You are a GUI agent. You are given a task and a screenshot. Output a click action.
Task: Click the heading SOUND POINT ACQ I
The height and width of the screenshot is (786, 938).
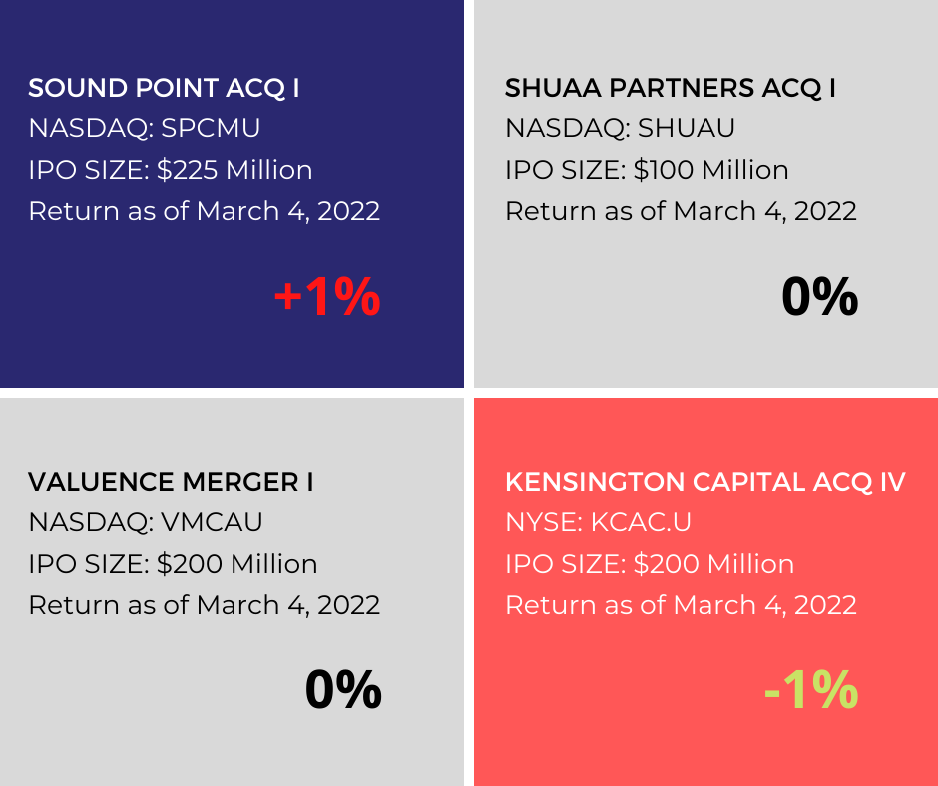(x=164, y=88)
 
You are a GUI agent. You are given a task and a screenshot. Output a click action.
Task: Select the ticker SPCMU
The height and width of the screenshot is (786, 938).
(x=212, y=128)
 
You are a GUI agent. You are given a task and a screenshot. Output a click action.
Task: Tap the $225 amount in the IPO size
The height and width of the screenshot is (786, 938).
(x=188, y=170)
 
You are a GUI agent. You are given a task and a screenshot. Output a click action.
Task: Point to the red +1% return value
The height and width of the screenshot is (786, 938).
(x=327, y=296)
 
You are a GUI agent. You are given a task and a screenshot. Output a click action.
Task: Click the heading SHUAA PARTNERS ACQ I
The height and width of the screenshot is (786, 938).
(x=670, y=88)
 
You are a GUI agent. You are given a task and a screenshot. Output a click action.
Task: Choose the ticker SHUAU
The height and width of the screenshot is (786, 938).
(x=687, y=128)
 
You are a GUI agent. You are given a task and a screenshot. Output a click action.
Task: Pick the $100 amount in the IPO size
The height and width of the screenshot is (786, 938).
(x=664, y=170)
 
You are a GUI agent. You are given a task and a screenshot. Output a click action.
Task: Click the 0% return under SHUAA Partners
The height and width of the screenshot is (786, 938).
(x=819, y=296)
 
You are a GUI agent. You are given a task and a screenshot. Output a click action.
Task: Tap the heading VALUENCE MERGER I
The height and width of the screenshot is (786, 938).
(x=171, y=482)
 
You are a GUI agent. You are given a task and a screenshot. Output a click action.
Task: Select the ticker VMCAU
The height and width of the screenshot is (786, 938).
(x=212, y=522)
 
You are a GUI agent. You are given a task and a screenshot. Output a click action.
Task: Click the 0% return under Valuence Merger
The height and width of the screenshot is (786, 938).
(x=343, y=689)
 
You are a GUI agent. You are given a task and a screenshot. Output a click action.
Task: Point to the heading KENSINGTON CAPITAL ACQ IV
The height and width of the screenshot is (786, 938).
(x=705, y=482)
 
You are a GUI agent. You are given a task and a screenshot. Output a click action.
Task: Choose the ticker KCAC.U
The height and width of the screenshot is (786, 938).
(x=641, y=522)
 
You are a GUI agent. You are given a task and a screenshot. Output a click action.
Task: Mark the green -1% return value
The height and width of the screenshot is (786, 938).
(x=811, y=689)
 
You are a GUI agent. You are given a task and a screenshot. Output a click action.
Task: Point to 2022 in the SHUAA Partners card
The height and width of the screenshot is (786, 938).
(x=825, y=211)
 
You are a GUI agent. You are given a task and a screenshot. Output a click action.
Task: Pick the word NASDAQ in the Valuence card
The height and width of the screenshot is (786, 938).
(x=88, y=522)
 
